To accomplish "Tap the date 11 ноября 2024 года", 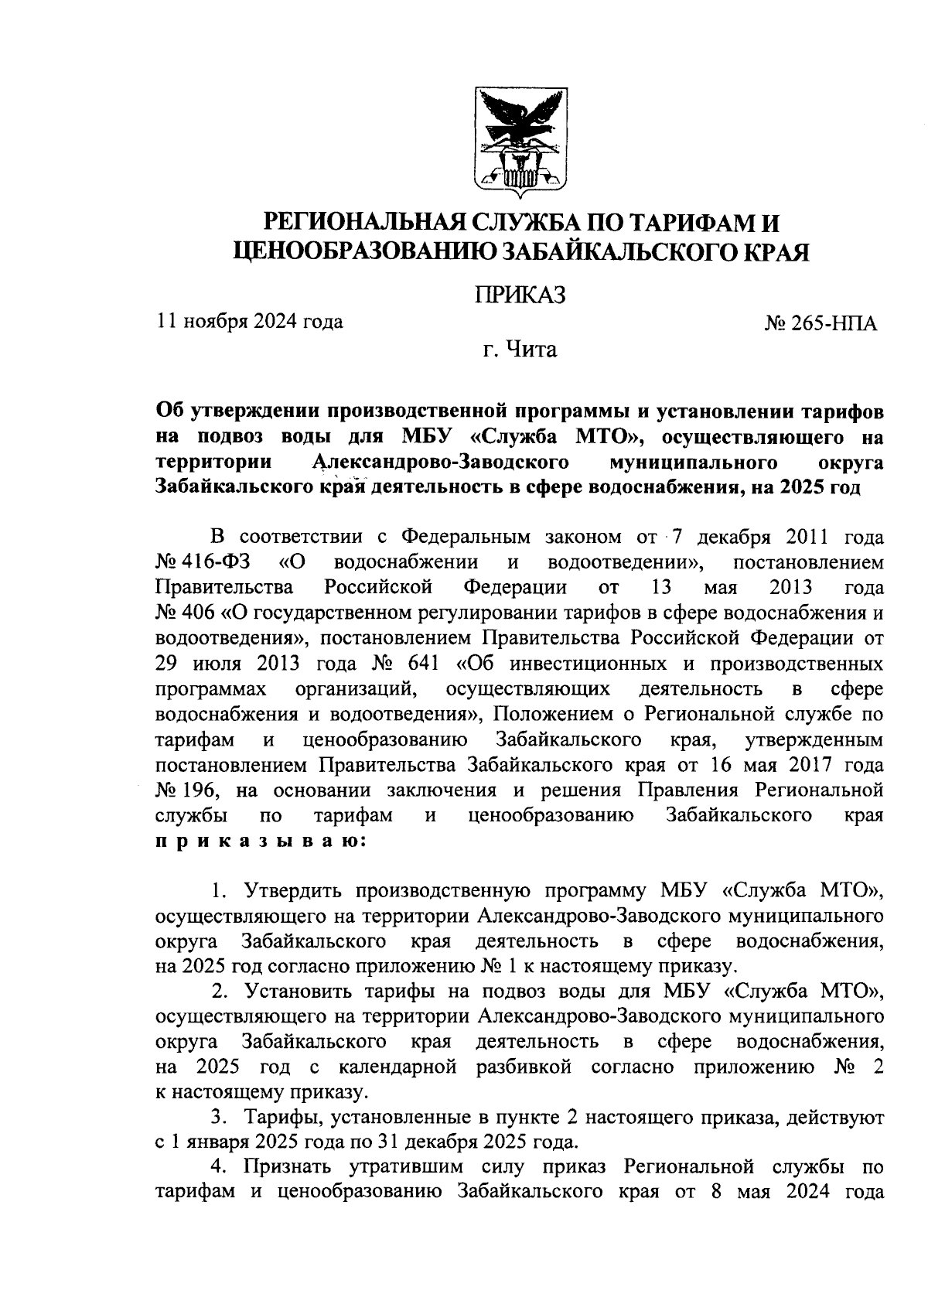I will click(250, 321).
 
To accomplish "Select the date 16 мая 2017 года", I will click(792, 765).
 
